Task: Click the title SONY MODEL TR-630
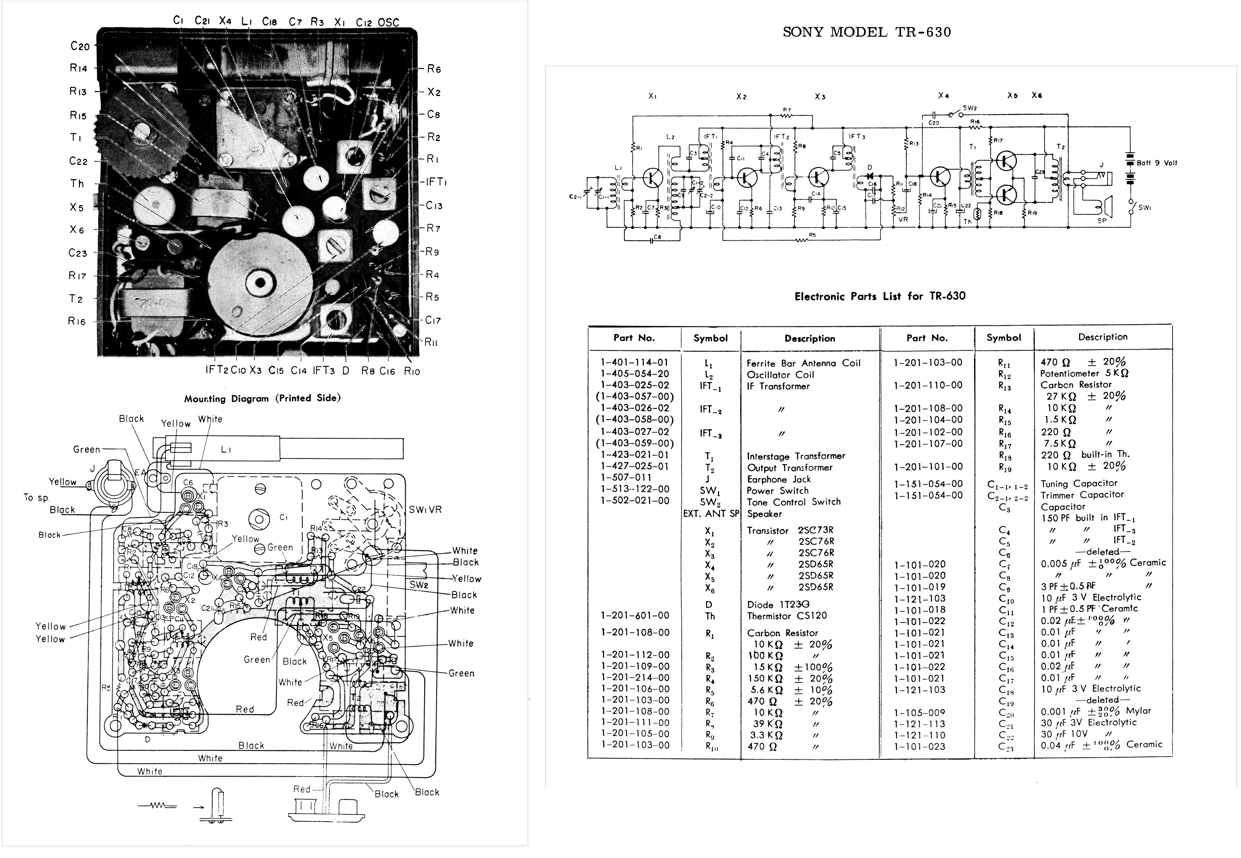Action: click(866, 32)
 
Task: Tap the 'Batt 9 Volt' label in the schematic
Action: click(1156, 163)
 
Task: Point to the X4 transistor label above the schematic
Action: click(943, 96)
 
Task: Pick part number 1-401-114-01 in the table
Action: click(634, 362)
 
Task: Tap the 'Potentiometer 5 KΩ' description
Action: click(1083, 374)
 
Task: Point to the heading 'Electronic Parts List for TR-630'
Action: click(880, 296)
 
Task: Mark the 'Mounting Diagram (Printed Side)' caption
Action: click(262, 398)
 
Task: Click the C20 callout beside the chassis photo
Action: click(80, 46)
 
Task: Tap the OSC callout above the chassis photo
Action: click(388, 22)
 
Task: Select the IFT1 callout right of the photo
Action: click(435, 182)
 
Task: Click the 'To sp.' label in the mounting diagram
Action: click(37, 497)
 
